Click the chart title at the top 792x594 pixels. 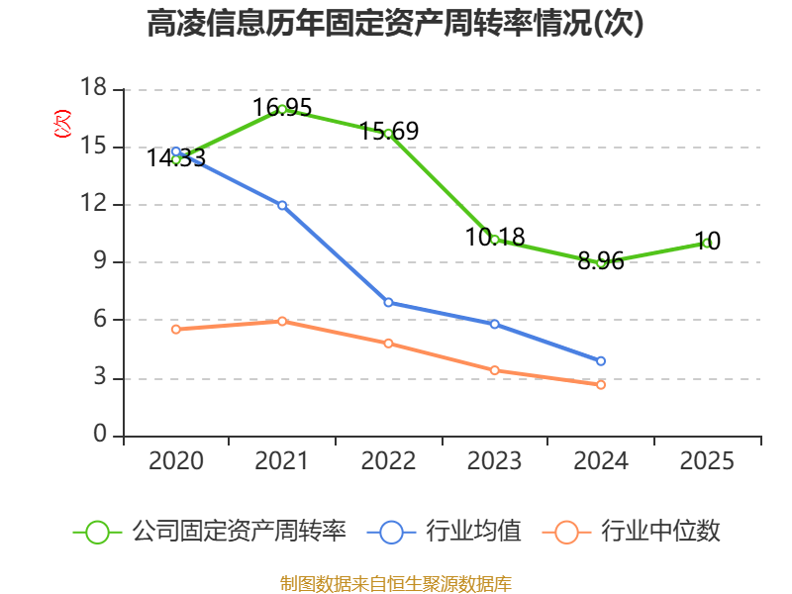395,23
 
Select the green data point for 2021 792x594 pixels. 282,109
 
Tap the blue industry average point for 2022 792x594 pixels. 388,303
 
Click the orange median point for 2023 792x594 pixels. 494,370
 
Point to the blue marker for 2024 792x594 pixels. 601,361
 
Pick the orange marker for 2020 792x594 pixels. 176,330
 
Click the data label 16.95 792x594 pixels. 282,108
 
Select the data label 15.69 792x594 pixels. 389,132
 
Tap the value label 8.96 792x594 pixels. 601,261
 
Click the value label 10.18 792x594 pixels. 495,238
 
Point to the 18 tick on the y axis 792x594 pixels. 93,87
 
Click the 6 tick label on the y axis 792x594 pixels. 100,319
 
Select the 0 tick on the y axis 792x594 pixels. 100,434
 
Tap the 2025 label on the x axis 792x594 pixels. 707,461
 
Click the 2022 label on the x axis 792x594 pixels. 388,461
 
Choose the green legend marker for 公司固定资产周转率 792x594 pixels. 97,533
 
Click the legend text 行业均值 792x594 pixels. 473,532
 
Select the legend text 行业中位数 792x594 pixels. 660,532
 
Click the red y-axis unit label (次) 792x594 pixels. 62,124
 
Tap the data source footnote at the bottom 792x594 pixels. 396,584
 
